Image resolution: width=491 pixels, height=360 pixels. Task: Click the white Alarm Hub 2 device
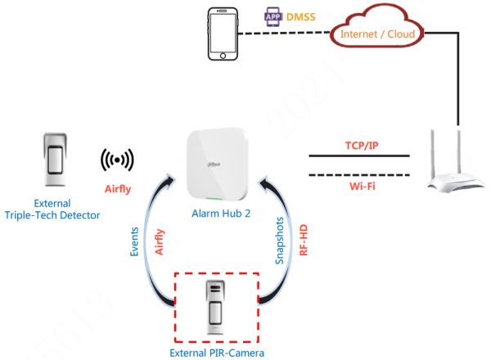[218, 164]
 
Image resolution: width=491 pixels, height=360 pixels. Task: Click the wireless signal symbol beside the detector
[117, 159]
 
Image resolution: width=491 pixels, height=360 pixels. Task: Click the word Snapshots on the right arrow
[280, 238]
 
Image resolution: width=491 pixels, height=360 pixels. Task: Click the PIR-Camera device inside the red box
[217, 308]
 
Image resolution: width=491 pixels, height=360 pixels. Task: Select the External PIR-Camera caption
[216, 352]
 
